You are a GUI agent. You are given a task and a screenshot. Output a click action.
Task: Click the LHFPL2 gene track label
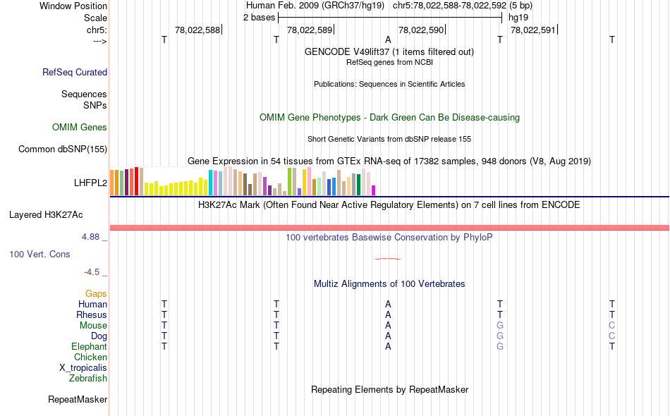point(90,183)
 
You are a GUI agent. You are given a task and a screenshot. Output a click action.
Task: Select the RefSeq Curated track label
point(75,72)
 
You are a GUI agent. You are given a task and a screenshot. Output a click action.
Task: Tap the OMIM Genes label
point(80,128)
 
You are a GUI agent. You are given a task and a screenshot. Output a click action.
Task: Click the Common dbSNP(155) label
point(63,149)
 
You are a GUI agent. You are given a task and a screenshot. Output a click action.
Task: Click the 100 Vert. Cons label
point(40,254)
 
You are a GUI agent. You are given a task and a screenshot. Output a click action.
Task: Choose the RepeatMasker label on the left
point(78,400)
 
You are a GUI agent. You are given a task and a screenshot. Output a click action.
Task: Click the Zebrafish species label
point(88,379)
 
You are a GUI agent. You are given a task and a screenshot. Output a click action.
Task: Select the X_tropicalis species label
point(83,367)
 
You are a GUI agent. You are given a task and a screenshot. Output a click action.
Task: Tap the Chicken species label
point(90,357)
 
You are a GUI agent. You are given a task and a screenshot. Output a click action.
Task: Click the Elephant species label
point(89,347)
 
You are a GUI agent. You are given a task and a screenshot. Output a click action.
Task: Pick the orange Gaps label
point(96,293)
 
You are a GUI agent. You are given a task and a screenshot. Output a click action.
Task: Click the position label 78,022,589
point(310,30)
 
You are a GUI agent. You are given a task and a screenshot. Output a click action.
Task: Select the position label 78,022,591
point(533,30)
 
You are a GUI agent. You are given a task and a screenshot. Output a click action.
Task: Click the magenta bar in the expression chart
point(374,190)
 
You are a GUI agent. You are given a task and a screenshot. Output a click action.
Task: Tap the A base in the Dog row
point(388,336)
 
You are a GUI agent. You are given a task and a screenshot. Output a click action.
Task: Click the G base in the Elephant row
point(500,347)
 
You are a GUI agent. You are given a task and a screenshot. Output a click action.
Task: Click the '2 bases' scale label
point(257,17)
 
